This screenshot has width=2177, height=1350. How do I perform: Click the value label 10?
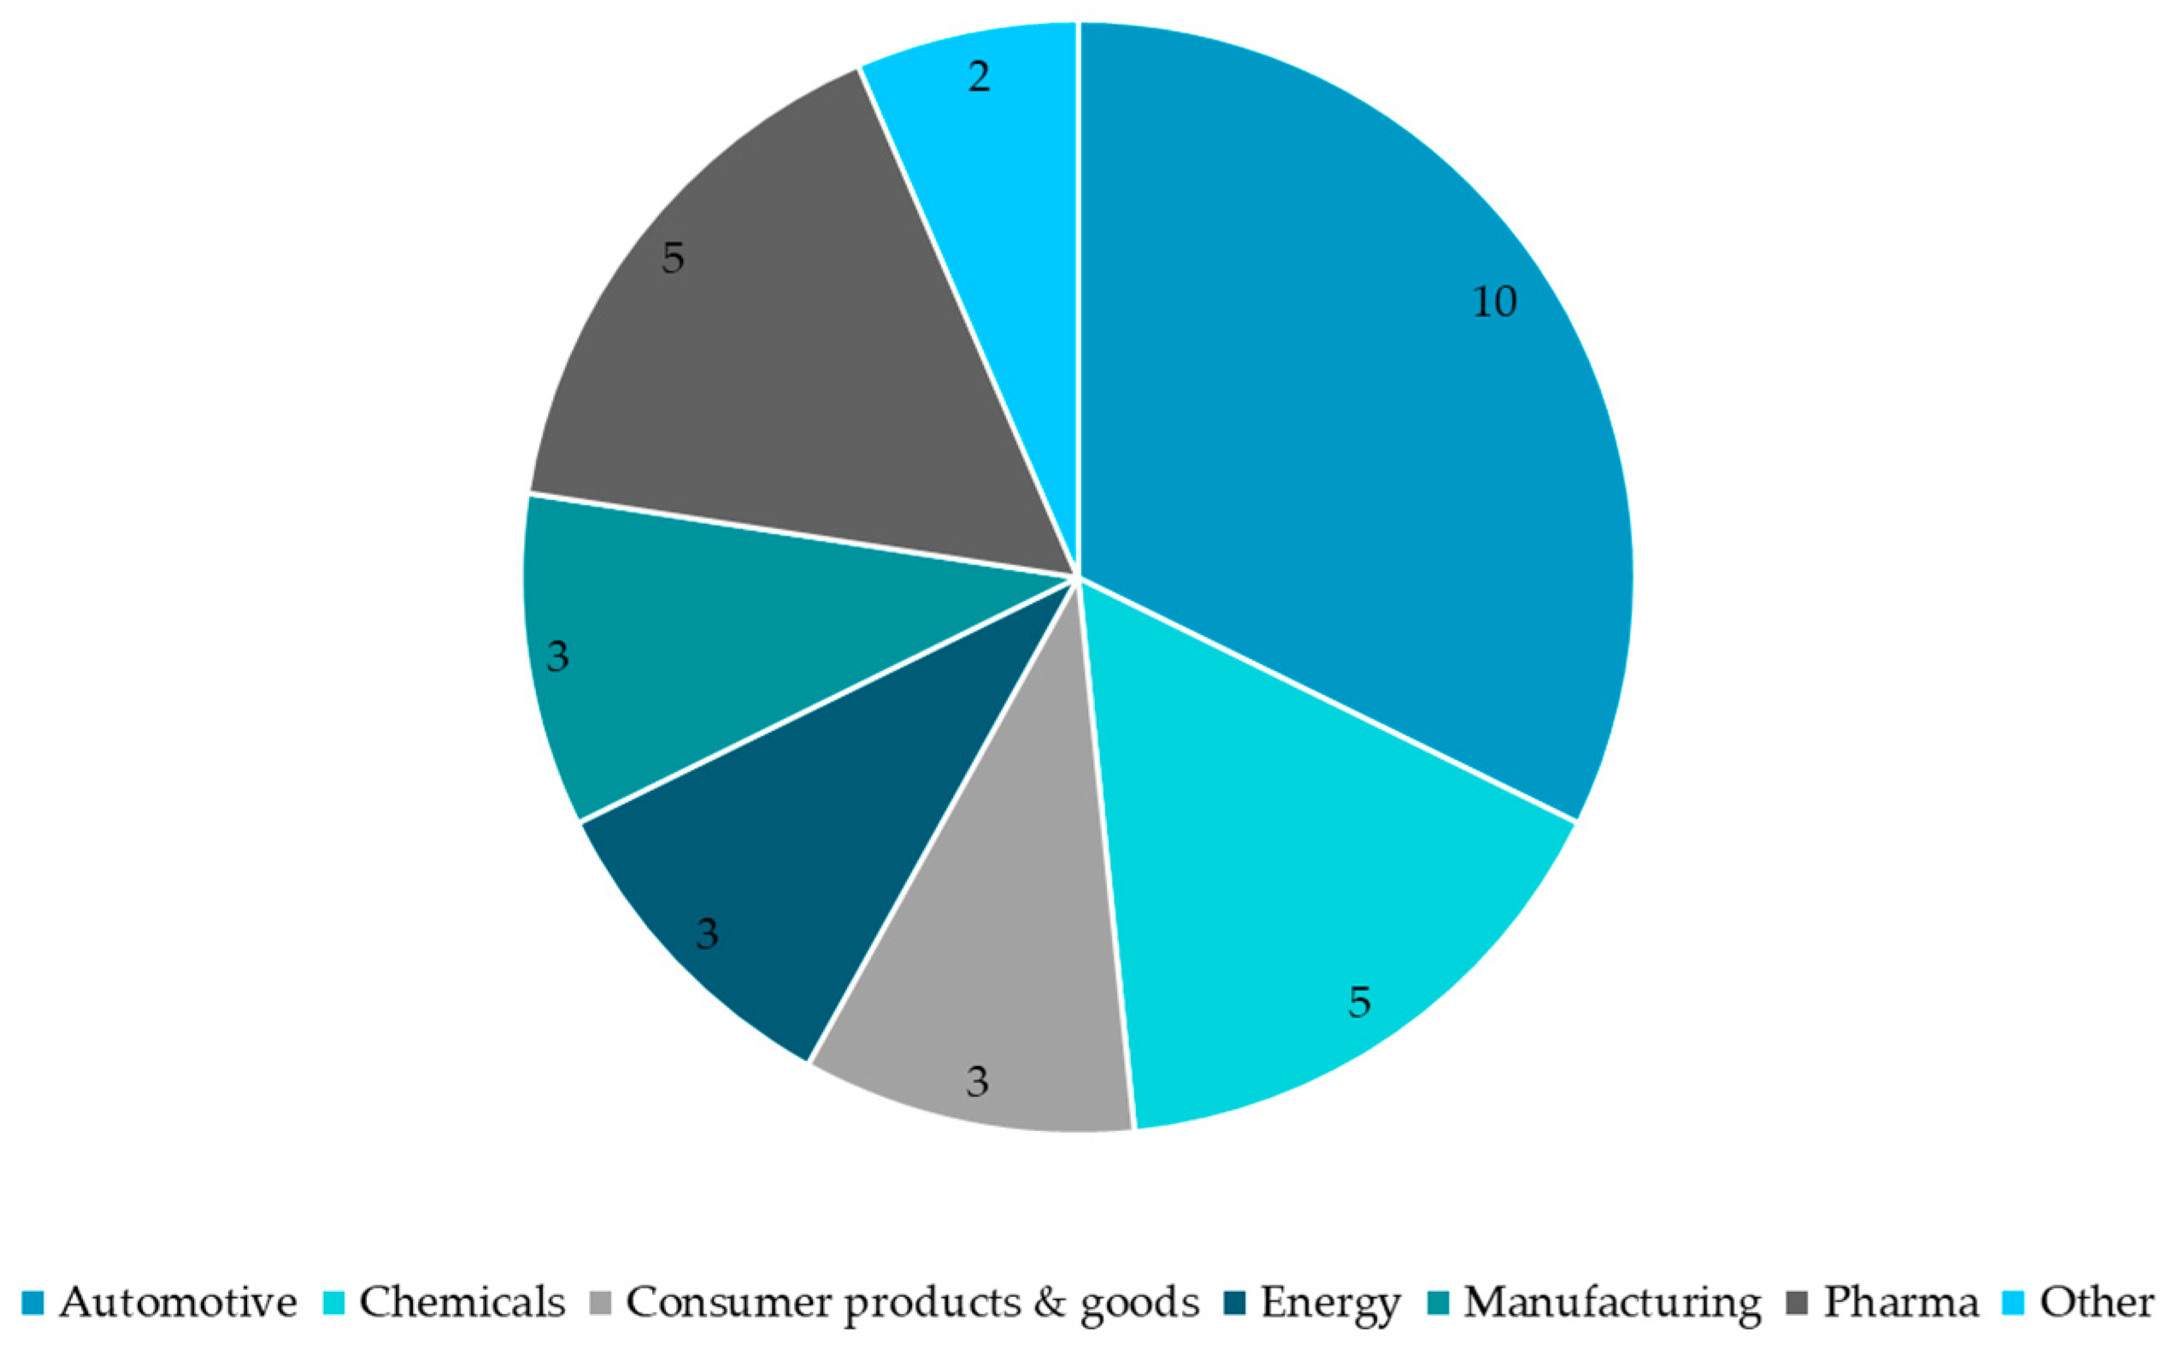(x=1493, y=303)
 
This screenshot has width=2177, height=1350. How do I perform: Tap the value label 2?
(x=980, y=78)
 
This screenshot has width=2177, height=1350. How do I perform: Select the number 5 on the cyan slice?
(x=1358, y=1003)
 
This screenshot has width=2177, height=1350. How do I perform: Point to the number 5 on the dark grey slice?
(x=673, y=259)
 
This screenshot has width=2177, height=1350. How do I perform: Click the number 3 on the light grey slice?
(x=977, y=1083)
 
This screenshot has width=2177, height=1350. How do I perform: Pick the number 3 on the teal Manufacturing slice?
(x=557, y=657)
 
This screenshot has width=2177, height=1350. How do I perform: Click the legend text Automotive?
(x=179, y=1303)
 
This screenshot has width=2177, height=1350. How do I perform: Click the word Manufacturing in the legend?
(x=1613, y=1303)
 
